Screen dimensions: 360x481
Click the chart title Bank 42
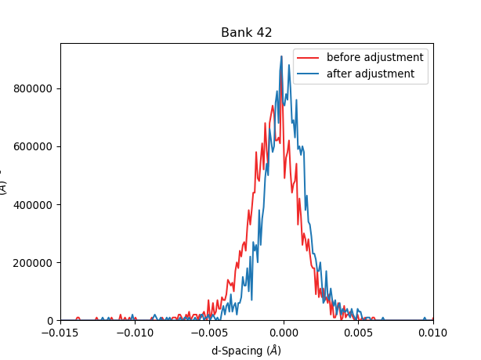[246, 33]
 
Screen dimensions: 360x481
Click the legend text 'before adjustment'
[374, 57]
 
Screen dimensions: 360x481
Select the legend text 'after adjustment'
[371, 74]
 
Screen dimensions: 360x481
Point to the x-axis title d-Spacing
[246, 351]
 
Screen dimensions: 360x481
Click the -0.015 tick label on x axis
[60, 332]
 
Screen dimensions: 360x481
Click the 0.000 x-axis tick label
[284, 332]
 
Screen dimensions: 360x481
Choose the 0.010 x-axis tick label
[432, 332]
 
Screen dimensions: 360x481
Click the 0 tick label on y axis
[50, 321]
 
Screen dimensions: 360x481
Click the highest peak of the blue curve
[282, 56]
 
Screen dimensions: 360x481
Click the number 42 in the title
[264, 33]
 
